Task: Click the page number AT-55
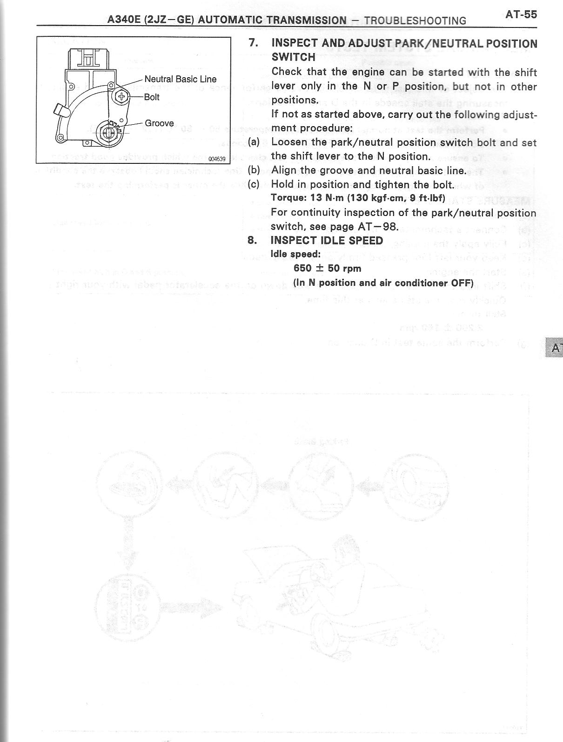click(521, 14)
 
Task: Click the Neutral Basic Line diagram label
click(180, 79)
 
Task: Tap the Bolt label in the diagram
click(152, 97)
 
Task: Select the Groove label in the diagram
click(159, 123)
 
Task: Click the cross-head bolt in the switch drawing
click(122, 97)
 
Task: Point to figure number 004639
click(217, 159)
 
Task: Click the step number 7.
click(253, 43)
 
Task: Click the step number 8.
click(252, 240)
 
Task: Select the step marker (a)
click(254, 142)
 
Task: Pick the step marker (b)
click(254, 170)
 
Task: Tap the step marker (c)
click(254, 184)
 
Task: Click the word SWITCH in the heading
click(293, 57)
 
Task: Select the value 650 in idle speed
click(302, 268)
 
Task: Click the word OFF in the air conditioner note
click(462, 283)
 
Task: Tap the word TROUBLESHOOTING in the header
click(415, 20)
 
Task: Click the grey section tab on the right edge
click(554, 347)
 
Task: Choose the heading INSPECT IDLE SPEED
click(327, 240)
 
